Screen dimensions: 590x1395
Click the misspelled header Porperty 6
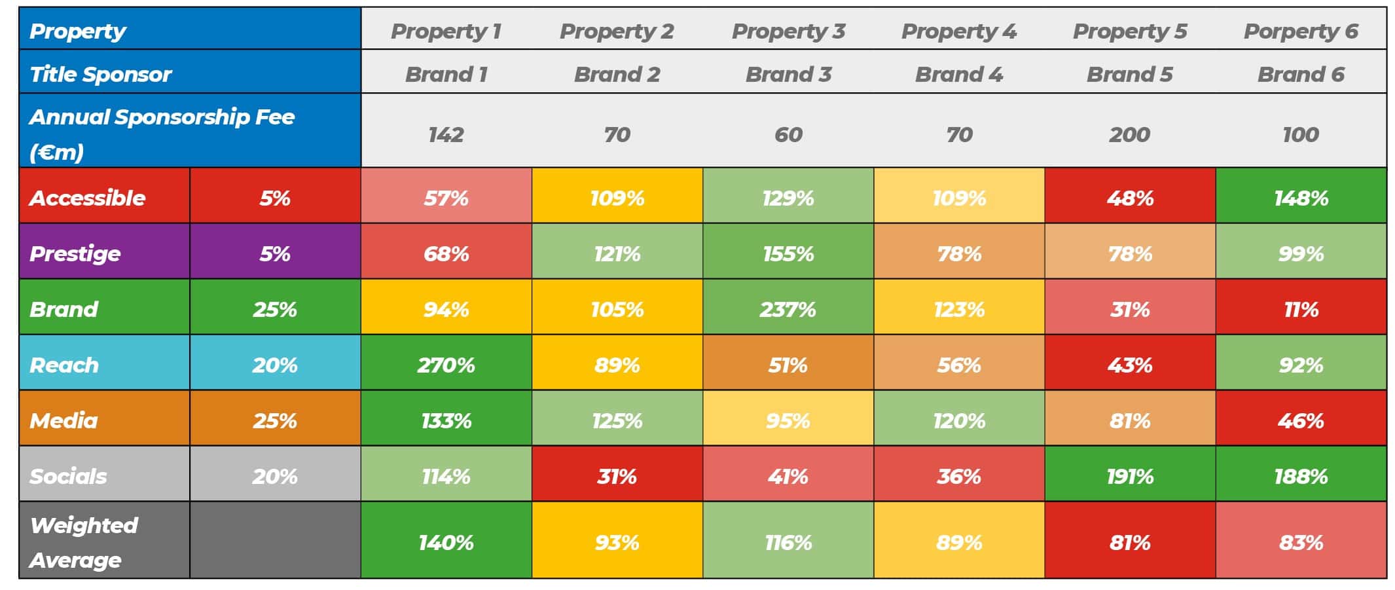pyautogui.click(x=1300, y=31)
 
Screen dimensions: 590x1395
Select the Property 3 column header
pyautogui.click(x=788, y=31)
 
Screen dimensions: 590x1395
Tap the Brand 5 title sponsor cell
pyautogui.click(x=1129, y=74)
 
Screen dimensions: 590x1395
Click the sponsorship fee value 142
pyautogui.click(x=446, y=134)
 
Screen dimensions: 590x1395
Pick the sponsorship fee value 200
pyautogui.click(x=1129, y=134)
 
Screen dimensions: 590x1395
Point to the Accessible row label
pyautogui.click(x=88, y=198)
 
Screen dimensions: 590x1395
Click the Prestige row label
pyautogui.click(x=75, y=253)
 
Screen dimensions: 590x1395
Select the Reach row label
pyautogui.click(x=64, y=365)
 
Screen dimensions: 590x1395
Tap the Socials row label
pyautogui.click(x=68, y=476)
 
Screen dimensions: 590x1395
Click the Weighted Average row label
pyautogui.click(x=84, y=542)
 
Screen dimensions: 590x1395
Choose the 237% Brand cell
pyautogui.click(x=788, y=309)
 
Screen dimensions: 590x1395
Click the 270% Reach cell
pyautogui.click(x=446, y=365)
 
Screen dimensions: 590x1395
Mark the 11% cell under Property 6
pyautogui.click(x=1301, y=309)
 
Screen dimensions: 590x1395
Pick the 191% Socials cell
pyautogui.click(x=1129, y=476)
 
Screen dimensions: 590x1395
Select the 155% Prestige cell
pyautogui.click(x=788, y=253)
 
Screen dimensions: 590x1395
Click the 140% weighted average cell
pyautogui.click(x=446, y=542)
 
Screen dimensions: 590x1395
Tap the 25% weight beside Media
pyautogui.click(x=275, y=420)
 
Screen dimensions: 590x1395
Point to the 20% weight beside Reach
pyautogui.click(x=275, y=365)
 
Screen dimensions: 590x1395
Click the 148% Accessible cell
pyautogui.click(x=1301, y=198)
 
